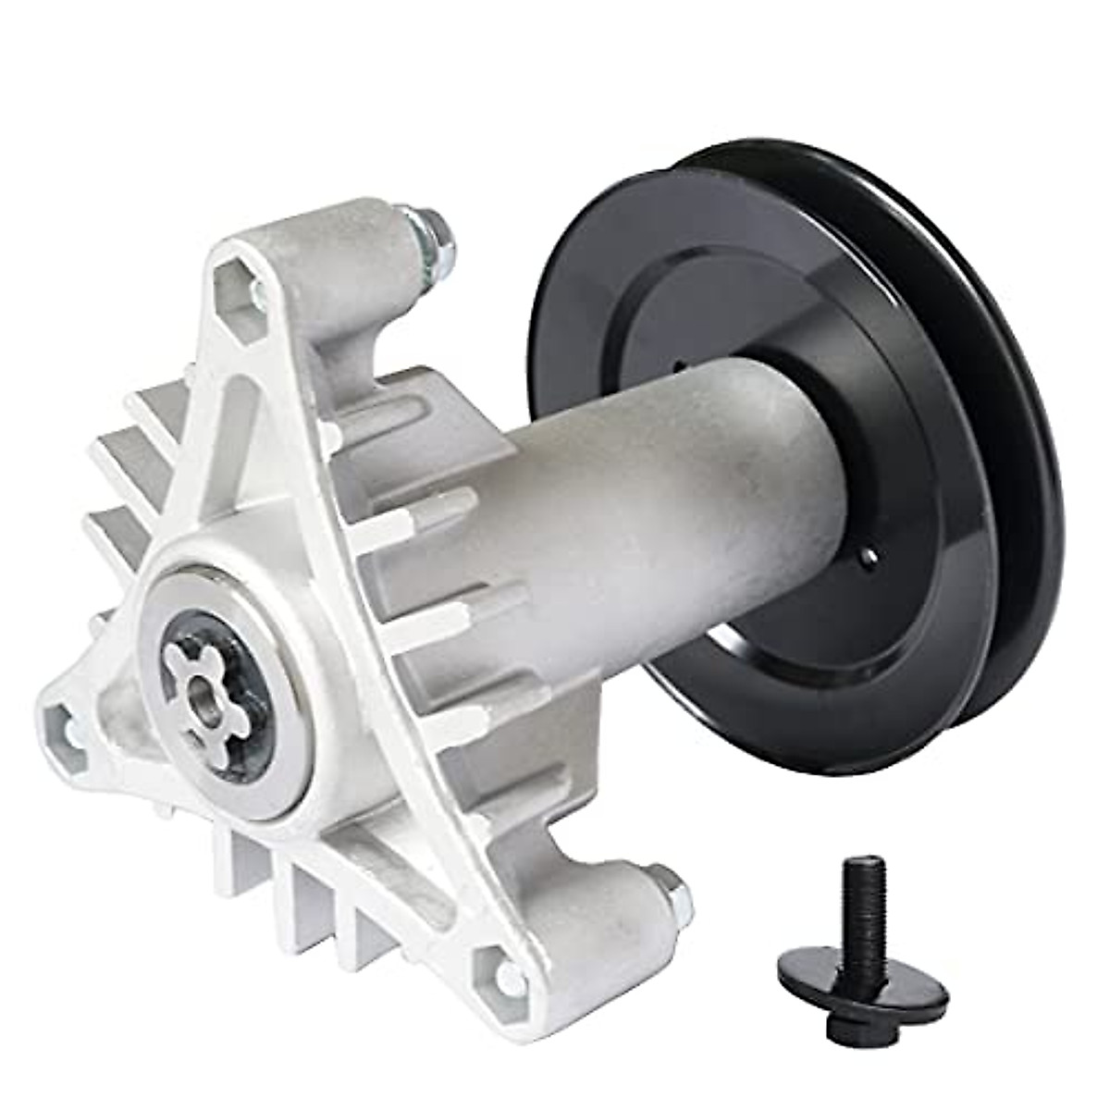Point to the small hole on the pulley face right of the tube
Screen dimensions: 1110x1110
point(869,555)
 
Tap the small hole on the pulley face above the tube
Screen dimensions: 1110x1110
point(677,364)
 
